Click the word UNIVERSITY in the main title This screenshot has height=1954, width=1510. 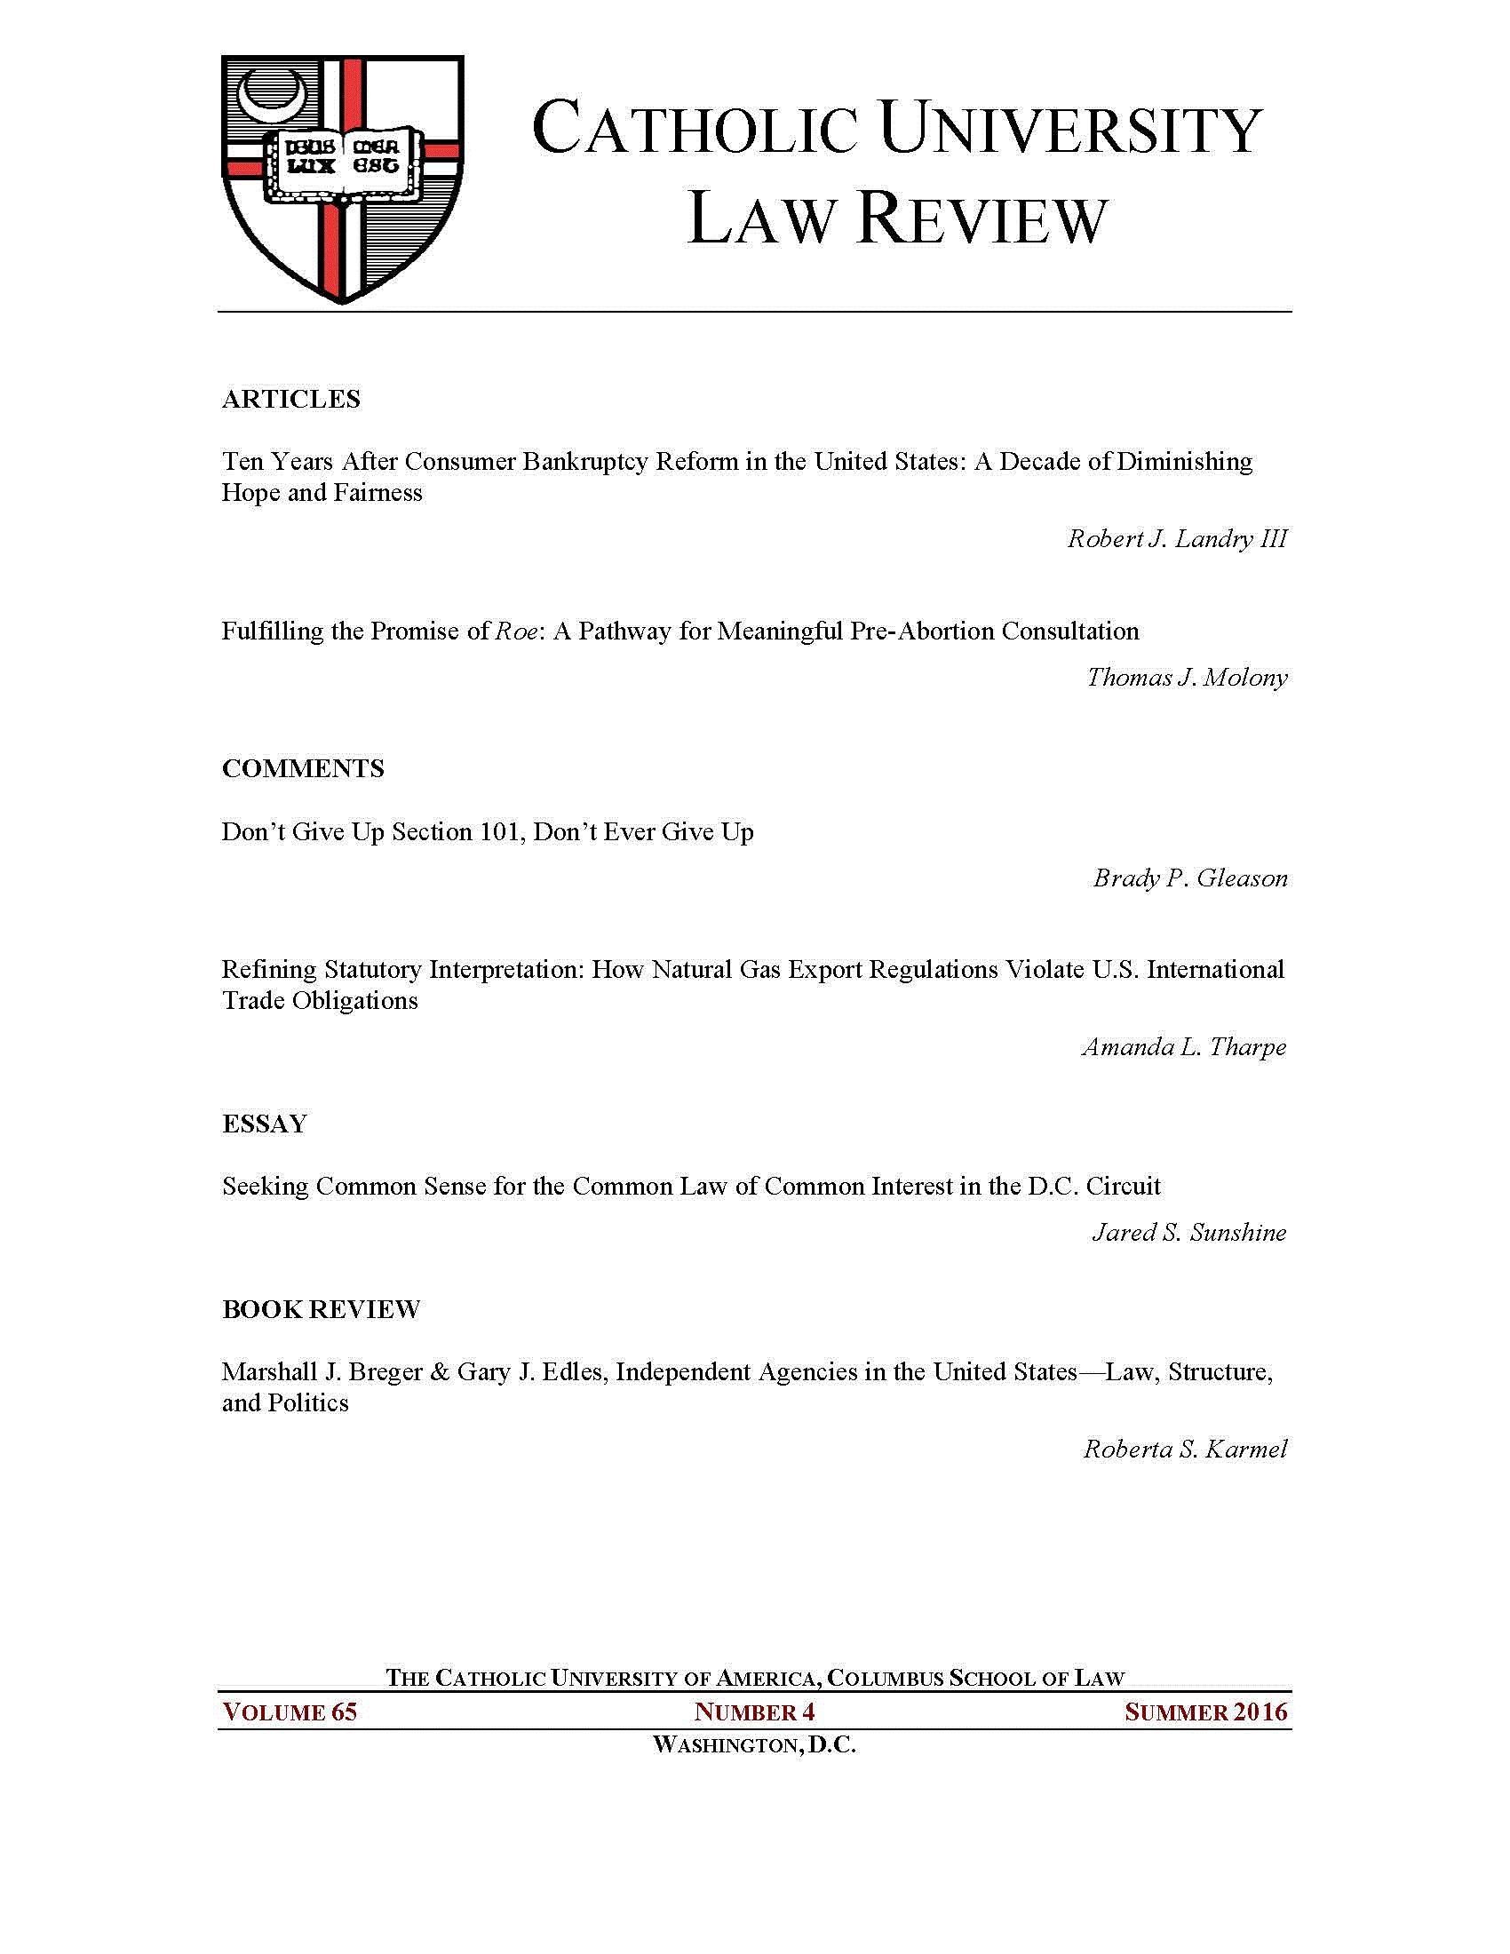pos(1070,131)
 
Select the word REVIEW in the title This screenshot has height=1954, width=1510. pos(982,220)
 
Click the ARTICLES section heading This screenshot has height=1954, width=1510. pos(290,399)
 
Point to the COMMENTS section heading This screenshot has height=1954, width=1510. pos(302,768)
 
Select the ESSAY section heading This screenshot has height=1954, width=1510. pos(265,1124)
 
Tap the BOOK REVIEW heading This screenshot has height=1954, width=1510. pos(322,1310)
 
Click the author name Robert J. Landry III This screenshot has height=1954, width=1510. pos(1177,538)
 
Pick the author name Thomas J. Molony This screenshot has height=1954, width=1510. pos(1187,678)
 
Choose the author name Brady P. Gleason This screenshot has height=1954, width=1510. pos(1189,878)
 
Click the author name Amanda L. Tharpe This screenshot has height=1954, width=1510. pos(1183,1047)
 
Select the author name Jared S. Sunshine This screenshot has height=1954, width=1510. pos(1188,1233)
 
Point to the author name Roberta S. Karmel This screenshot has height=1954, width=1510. pos(1185,1450)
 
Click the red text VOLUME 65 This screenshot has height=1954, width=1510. pos(290,1712)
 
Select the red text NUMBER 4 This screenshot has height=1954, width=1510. pos(754,1712)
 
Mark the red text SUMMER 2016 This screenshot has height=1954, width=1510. pos(1206,1712)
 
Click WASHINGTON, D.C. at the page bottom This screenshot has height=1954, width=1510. pos(754,1744)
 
